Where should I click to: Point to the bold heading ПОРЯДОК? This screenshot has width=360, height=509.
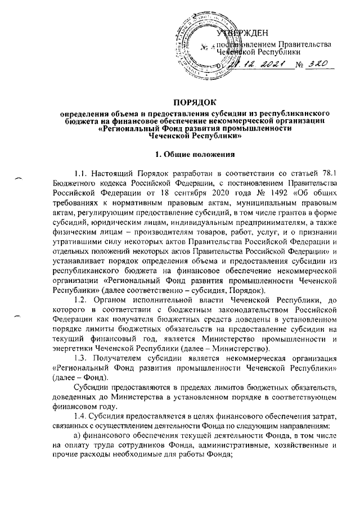point(179,105)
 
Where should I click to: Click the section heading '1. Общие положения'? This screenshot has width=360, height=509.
point(179,154)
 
